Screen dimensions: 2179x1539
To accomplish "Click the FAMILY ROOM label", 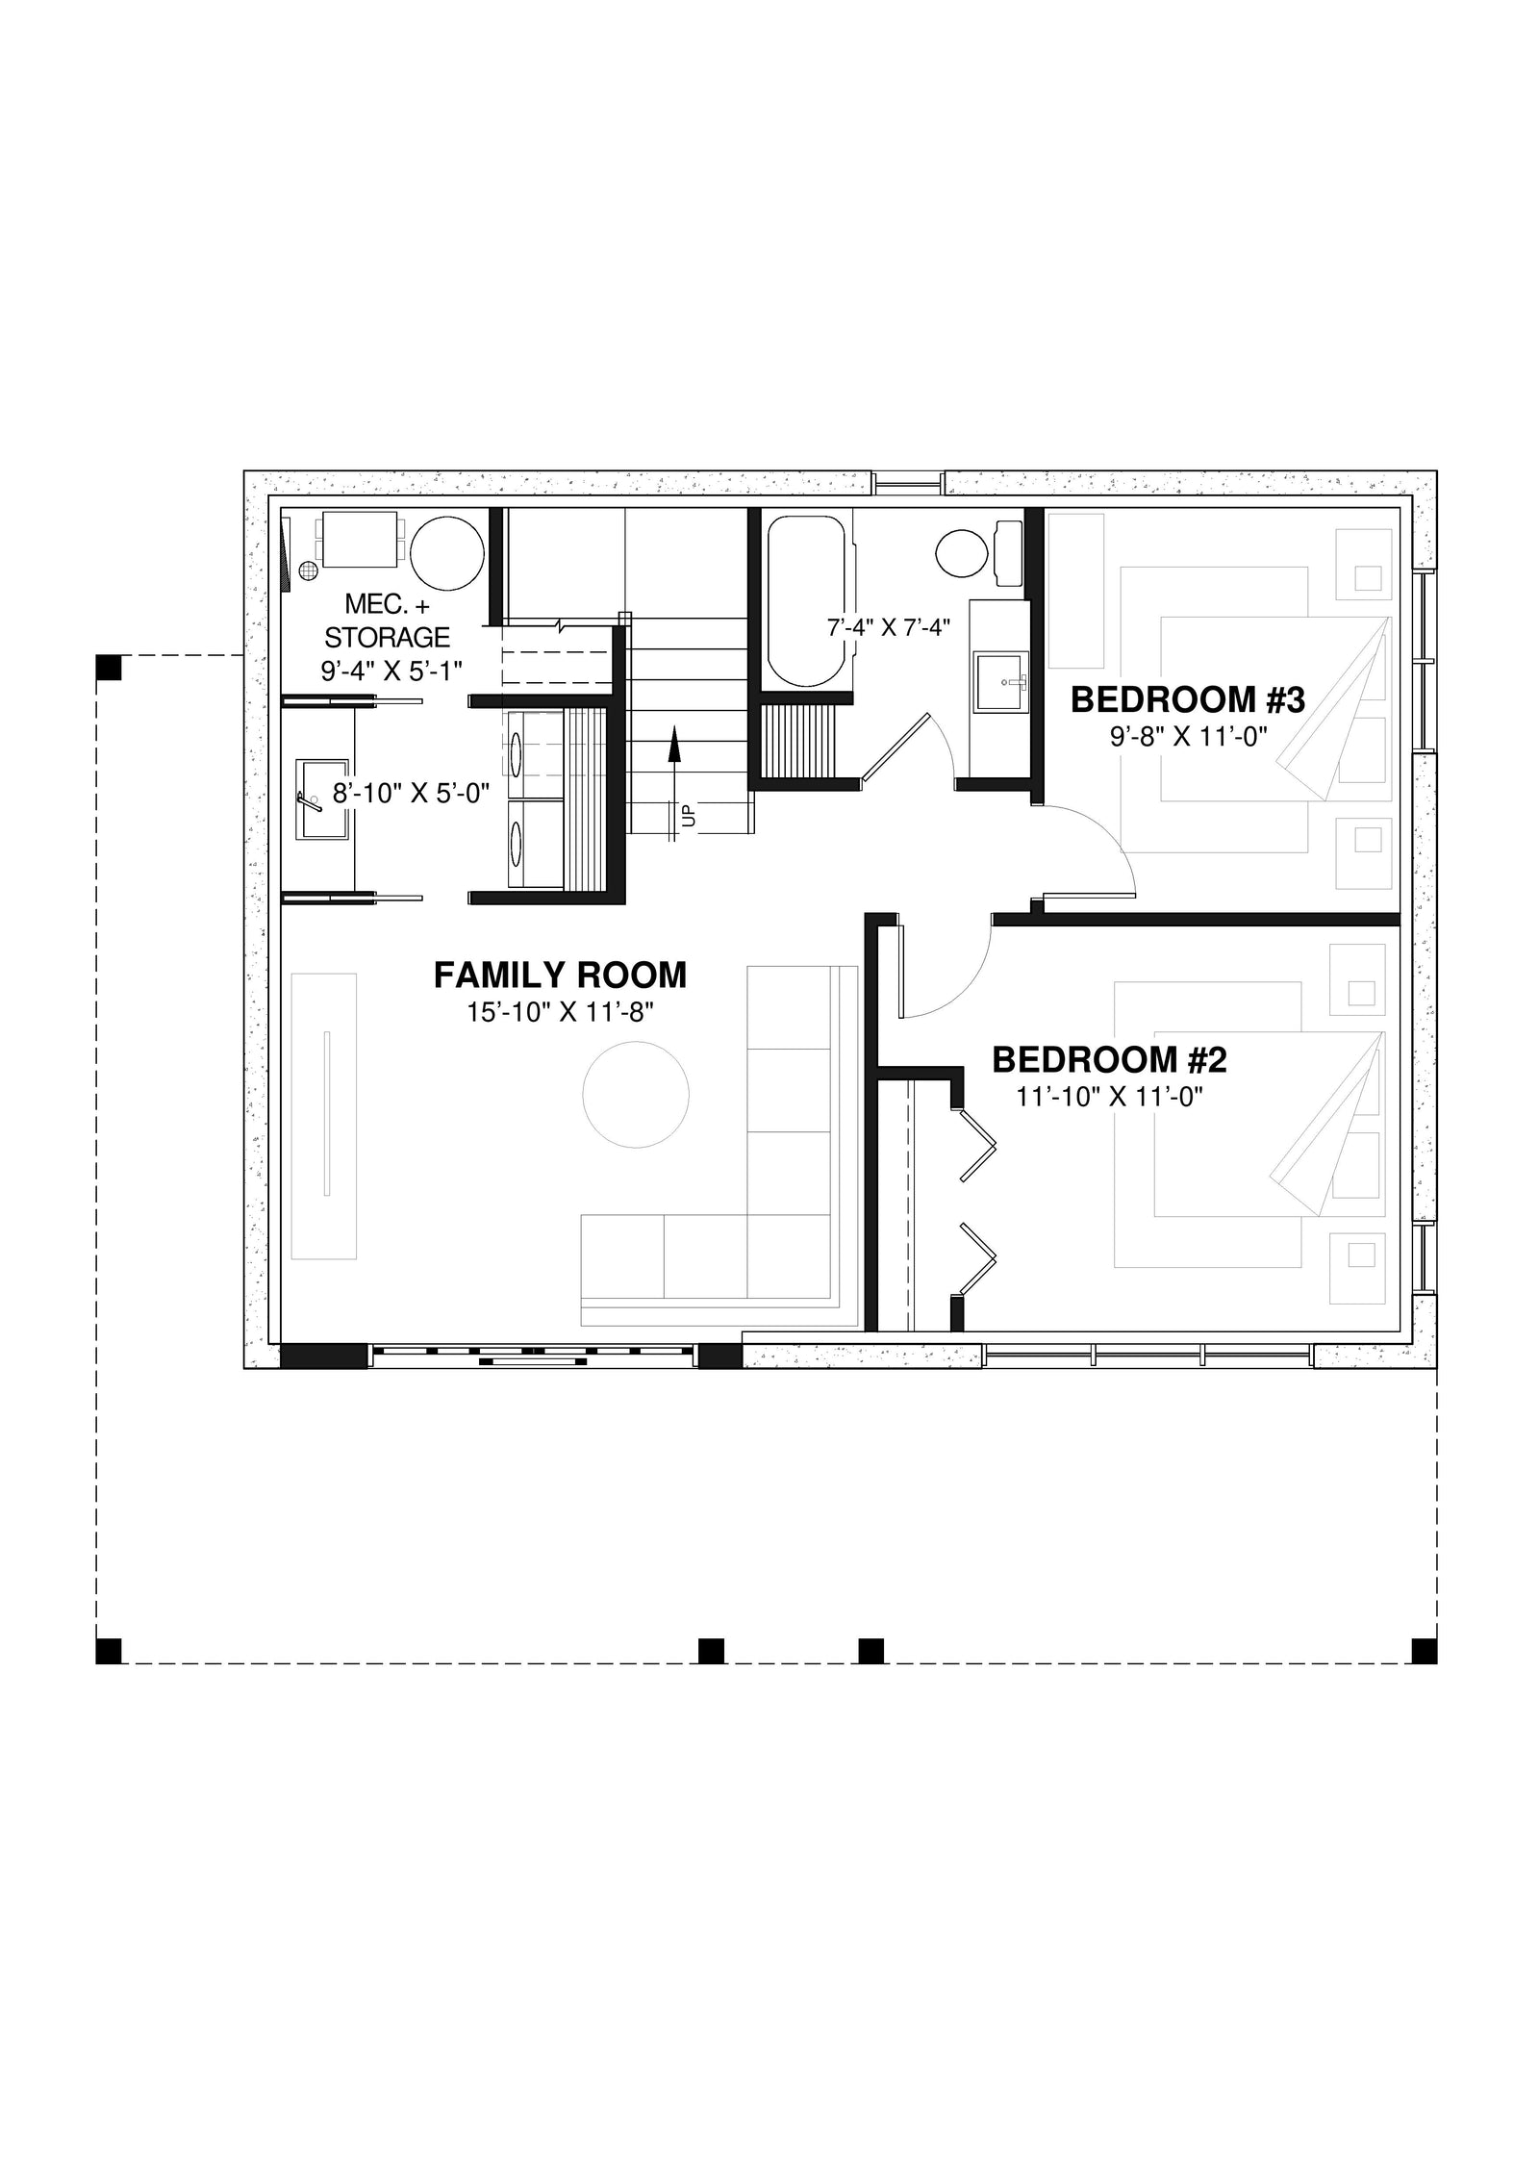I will click(560, 975).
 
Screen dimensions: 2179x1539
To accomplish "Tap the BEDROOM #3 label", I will click(1187, 700).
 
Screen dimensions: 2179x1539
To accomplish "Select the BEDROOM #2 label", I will click(1109, 1060).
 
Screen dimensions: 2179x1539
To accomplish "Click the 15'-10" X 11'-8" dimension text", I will click(560, 1012).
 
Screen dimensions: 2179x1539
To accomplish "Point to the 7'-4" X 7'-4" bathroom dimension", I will click(889, 628).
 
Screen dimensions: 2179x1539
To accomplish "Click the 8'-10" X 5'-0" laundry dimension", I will click(412, 794).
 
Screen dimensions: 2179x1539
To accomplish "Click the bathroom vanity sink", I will click(1000, 682).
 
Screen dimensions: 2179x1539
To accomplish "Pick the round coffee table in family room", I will click(636, 1096).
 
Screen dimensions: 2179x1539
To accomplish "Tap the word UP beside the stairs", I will click(689, 815).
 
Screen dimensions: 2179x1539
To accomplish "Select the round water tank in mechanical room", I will click(446, 552).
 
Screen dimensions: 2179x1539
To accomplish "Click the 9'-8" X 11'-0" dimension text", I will click(1189, 737).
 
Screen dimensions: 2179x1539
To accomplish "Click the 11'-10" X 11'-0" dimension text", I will click(1110, 1097).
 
